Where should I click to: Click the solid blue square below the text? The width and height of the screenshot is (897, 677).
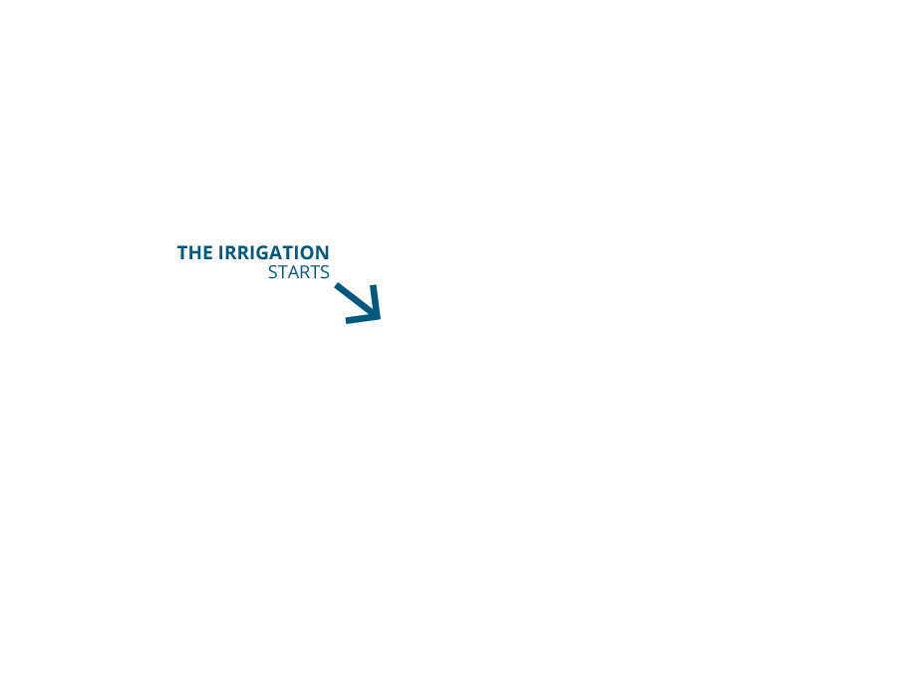click(358, 302)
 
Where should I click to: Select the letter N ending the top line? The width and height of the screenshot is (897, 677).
click(323, 253)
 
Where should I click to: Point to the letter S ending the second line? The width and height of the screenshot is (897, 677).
click(325, 272)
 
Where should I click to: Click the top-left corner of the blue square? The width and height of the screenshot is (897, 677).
click(333, 280)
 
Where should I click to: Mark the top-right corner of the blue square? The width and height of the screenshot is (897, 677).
click(383, 280)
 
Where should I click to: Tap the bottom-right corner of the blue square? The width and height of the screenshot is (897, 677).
click(383, 325)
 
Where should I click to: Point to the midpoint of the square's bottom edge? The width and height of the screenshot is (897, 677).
click(358, 325)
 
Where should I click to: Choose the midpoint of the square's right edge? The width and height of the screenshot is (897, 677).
click(383, 302)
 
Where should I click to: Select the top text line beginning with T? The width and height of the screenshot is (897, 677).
click(253, 253)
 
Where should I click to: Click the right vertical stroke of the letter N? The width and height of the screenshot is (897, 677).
click(327, 253)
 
